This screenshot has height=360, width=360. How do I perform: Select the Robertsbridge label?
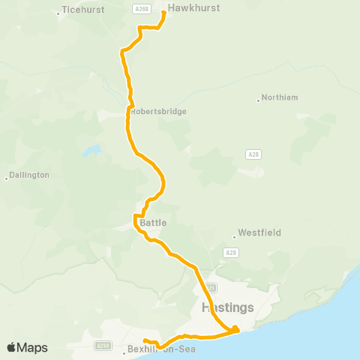tap(159, 111)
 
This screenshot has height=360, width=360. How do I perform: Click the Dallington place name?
tap(30, 175)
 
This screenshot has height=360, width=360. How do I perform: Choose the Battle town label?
tap(153, 223)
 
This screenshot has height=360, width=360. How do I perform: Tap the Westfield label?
tap(259, 232)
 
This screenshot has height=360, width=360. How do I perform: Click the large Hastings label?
tap(228, 307)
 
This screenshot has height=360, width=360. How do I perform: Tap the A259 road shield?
tap(103, 346)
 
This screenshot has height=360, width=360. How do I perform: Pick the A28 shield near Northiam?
tap(253, 154)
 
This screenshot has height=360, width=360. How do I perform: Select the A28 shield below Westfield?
tap(230, 253)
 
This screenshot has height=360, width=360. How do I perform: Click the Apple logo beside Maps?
tap(12, 347)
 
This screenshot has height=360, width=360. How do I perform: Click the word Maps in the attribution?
tap(32, 347)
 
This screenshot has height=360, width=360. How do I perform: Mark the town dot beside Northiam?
tap(259, 99)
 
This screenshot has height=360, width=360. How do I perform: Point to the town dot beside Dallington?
tap(7, 178)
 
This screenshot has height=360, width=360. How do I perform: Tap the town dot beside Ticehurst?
tap(58, 13)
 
